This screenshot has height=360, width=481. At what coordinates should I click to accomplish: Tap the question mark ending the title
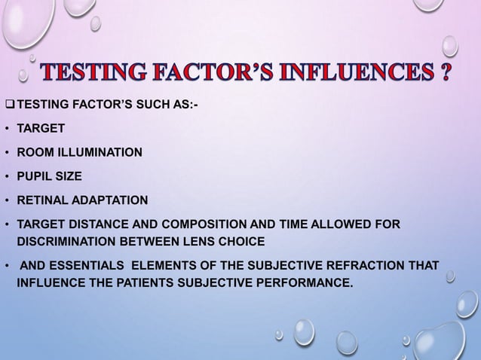447,75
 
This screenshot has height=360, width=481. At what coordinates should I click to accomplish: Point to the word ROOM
35,152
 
